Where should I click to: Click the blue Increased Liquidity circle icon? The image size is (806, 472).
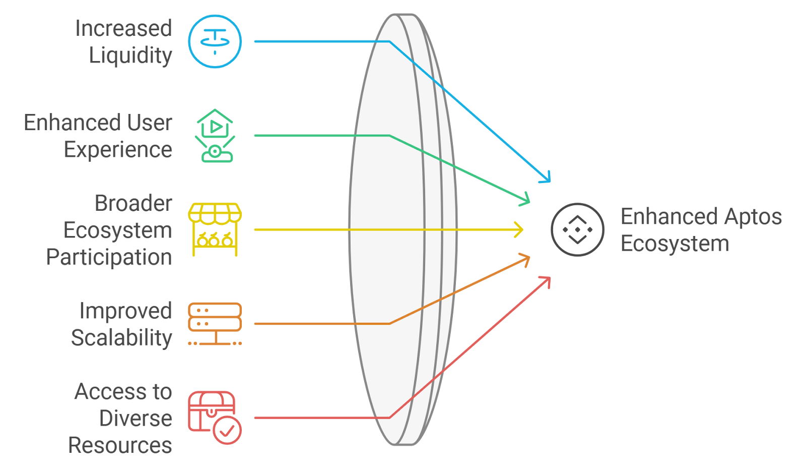215,41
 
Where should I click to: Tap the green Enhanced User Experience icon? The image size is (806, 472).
215,136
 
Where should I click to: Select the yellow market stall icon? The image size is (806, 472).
215,229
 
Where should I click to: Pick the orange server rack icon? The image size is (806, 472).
215,324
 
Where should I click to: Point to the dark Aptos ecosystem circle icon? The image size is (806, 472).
577,229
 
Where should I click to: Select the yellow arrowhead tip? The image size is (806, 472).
523,229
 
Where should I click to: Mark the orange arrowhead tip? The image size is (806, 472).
529,258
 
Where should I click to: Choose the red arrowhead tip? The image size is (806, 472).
550,277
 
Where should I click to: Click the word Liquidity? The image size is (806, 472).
130,55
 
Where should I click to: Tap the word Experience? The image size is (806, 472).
118,150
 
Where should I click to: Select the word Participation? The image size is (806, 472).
109,257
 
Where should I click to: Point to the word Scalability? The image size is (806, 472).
121,338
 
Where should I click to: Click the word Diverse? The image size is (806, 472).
136,419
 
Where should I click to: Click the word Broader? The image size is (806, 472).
133,203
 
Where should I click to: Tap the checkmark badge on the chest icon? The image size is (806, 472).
227,430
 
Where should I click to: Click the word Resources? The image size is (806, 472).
120,445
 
